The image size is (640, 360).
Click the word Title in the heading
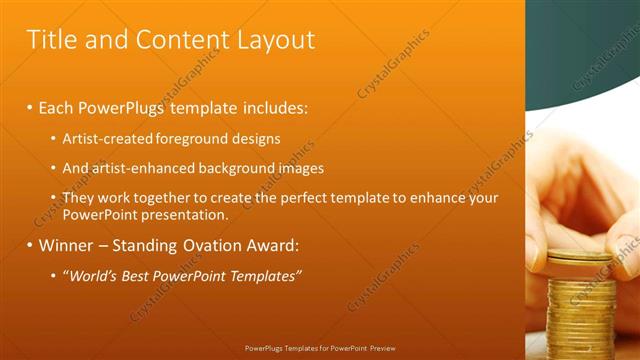[x=50, y=40]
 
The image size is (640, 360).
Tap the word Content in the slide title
[x=176, y=40]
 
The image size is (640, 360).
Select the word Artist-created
[x=108, y=139]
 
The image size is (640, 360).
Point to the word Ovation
[x=205, y=245]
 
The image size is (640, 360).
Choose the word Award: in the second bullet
[x=270, y=245]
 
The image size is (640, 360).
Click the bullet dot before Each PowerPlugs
[x=30, y=106]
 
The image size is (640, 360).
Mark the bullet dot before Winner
[x=30, y=245]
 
